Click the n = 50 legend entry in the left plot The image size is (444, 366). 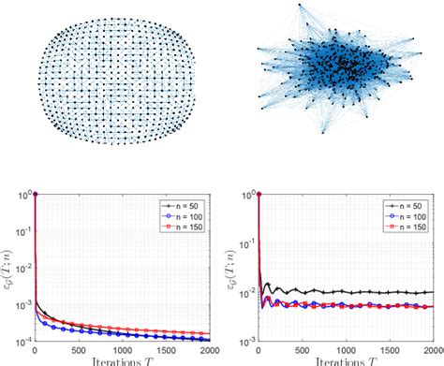(183, 205)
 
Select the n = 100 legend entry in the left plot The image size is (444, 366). (183, 215)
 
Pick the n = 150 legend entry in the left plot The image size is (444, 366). (183, 226)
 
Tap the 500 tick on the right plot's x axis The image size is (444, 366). (300, 348)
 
